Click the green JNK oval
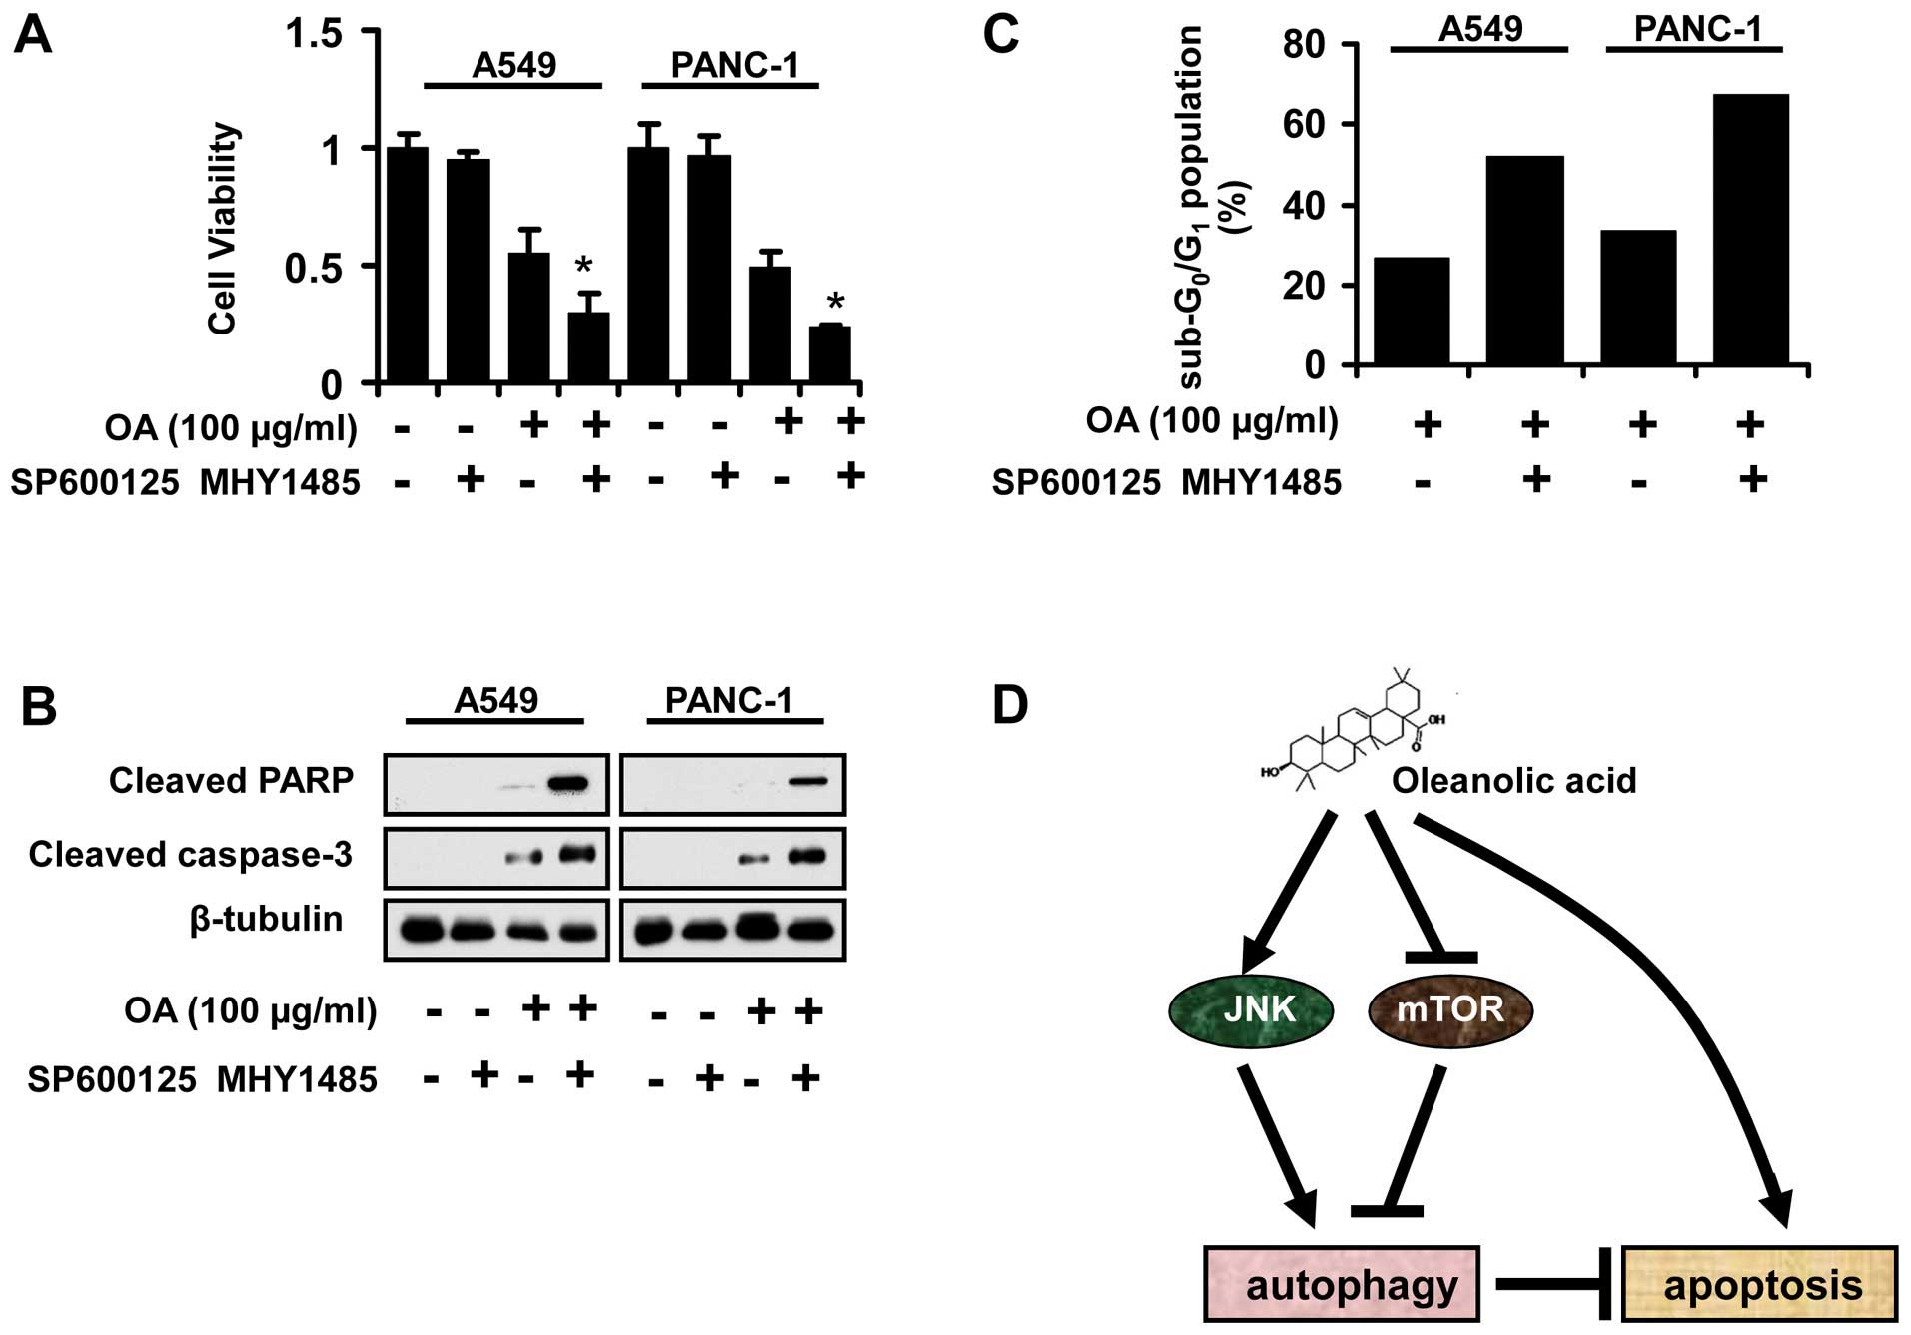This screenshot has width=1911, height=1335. (1251, 1010)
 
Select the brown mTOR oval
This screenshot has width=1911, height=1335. (1449, 1010)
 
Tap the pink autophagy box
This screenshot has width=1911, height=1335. (1341, 1284)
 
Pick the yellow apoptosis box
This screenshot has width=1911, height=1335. (1759, 1284)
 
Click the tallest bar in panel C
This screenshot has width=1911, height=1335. (1750, 230)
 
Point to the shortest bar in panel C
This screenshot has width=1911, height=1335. (1412, 312)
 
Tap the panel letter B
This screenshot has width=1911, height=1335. (39, 706)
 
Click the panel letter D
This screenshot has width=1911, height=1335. (1009, 706)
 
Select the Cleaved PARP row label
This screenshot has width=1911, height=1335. (231, 780)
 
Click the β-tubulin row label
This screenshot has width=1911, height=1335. (265, 919)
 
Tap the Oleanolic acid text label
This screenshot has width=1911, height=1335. (1513, 780)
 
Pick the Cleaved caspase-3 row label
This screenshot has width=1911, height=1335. (190, 855)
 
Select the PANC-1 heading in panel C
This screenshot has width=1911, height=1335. (1697, 29)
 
